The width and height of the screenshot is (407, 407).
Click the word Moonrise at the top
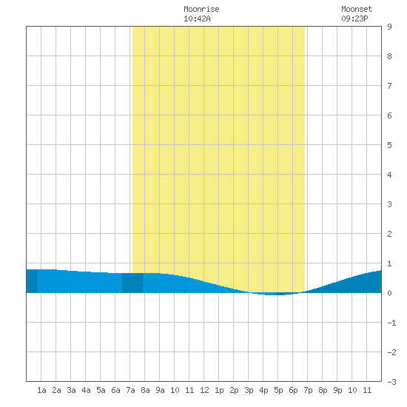tap(201, 9)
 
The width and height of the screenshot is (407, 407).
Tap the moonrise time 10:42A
tap(197, 18)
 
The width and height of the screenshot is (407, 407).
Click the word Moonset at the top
tap(357, 9)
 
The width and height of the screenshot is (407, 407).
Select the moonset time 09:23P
tap(354, 18)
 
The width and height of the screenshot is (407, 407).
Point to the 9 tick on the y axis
tap(389, 27)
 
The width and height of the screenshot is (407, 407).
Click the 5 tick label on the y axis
tap(389, 145)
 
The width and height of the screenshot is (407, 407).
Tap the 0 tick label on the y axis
tap(389, 293)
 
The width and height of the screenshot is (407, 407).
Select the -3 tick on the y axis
tap(391, 382)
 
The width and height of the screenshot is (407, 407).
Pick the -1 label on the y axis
tap(391, 323)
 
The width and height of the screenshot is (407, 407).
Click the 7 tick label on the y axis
tap(389, 86)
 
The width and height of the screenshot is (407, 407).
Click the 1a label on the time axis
tap(41, 390)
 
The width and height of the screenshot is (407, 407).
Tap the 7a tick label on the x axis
tap(130, 390)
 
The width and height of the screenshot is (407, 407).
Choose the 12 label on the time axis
tap(204, 390)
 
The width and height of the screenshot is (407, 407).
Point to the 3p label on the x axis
tap(249, 390)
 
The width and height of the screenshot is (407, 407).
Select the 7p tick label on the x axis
tap(308, 390)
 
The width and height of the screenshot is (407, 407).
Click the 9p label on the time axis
tap(337, 390)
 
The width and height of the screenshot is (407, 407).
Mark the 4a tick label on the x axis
tap(86, 390)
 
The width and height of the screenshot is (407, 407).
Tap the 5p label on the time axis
tap(278, 390)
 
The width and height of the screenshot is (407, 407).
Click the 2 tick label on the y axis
tap(389, 234)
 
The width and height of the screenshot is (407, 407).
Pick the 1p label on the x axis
tap(219, 390)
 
